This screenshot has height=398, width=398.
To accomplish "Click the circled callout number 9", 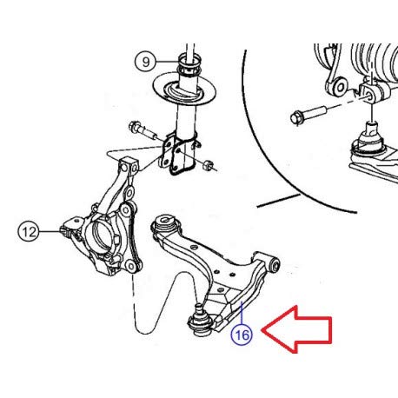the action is pos(146,62).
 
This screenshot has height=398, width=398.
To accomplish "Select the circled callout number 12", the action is pos(29,231).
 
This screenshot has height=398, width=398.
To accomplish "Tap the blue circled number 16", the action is pos(242,335).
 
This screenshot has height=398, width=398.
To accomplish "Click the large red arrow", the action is pos(297,329).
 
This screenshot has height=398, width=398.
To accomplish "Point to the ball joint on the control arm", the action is pos(199,322).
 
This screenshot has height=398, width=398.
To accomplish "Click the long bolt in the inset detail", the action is pos(308,115).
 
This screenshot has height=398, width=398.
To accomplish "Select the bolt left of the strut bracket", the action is pos(143,130).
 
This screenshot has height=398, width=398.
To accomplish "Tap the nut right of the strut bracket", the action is pos(208,165).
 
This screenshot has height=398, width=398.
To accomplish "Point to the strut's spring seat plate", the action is pos(184,90).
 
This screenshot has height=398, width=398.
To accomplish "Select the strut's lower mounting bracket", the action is pos(177,155).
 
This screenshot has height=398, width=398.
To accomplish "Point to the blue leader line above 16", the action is pos(241,313).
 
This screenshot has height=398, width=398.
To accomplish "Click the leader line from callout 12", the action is pos(50,231).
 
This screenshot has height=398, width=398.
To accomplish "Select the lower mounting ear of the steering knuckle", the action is pos(131,266).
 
